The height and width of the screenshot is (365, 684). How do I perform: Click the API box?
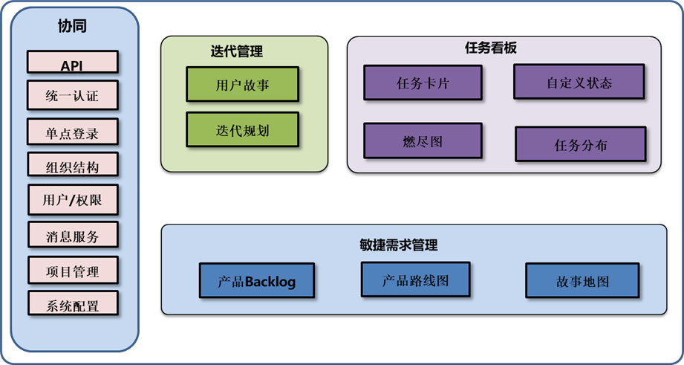(x=72, y=62)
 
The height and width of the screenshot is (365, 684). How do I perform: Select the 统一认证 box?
(x=72, y=95)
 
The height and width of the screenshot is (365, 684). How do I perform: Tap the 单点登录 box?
(x=72, y=133)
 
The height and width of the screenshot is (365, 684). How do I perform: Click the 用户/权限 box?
(x=72, y=200)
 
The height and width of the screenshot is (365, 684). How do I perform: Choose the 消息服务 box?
(x=72, y=236)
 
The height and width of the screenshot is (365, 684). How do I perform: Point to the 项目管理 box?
(x=72, y=271)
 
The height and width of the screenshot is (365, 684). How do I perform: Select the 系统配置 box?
(x=72, y=304)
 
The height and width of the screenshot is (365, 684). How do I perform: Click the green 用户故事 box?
(x=242, y=84)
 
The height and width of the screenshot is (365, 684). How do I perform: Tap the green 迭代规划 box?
(x=242, y=129)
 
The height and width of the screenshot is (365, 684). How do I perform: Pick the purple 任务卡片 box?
(x=423, y=83)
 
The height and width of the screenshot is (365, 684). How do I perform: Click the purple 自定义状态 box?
(x=579, y=82)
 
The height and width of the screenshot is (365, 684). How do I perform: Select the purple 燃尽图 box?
(x=423, y=140)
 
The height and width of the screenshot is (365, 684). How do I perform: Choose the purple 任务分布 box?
(x=580, y=144)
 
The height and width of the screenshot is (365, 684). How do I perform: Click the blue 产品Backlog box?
(x=257, y=280)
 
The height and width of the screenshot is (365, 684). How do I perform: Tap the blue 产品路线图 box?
(x=415, y=280)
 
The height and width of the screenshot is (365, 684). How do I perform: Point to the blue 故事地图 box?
(x=582, y=281)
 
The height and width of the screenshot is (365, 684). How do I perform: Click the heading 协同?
(x=72, y=27)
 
